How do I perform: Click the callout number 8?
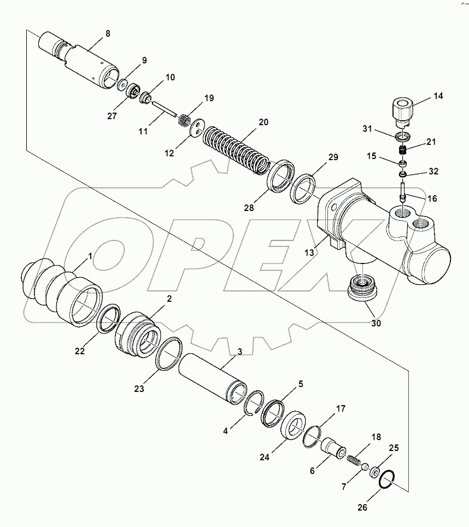pos(107,33)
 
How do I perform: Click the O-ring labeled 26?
pos(389,480)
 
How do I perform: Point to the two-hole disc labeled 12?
pos(196,127)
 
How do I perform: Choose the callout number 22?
pos(80,352)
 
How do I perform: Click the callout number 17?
pos(340,408)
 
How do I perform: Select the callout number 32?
pos(433,171)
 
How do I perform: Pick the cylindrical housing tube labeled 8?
pos(82,57)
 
